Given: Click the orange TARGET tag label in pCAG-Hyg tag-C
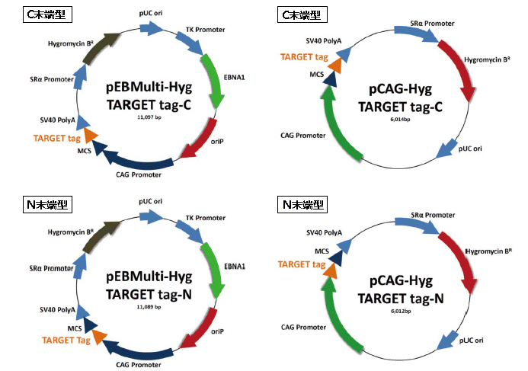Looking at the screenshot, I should (304, 57).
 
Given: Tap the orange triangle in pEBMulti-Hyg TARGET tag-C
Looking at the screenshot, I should (91, 135).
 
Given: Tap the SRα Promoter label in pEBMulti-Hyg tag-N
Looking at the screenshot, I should (48, 268).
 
